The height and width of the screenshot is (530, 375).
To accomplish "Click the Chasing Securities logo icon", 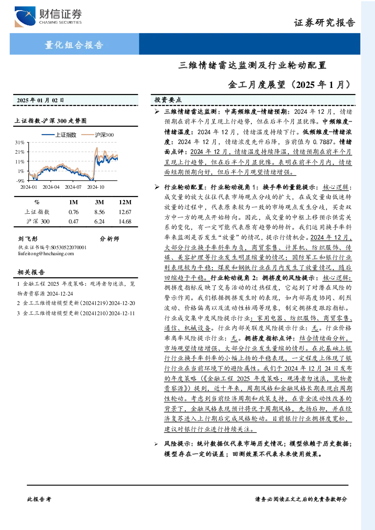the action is [x=25, y=17].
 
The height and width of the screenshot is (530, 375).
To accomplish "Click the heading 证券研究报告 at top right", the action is [x=324, y=23].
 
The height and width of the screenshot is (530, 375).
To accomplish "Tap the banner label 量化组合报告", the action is [x=74, y=45].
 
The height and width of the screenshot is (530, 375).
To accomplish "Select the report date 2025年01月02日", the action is [x=40, y=100].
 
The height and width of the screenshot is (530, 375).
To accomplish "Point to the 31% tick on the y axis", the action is [x=20, y=142].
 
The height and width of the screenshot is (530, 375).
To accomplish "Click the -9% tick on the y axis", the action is [x=20, y=181].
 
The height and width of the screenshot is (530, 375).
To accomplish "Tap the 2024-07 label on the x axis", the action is [x=73, y=187].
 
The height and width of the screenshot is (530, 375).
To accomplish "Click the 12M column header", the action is [x=125, y=202].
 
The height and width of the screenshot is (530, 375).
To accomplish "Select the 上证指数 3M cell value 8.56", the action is [x=99, y=212].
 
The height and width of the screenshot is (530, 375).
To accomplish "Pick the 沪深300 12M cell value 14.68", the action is [x=125, y=222].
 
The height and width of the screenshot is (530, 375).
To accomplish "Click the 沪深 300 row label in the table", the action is [x=38, y=222].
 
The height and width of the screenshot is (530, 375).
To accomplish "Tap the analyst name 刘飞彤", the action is [x=28, y=239].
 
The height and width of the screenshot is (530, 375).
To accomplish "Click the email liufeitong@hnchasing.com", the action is [x=46, y=254].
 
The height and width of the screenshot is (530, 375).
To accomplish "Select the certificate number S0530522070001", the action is [x=69, y=248].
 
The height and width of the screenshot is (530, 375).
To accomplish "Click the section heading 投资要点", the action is [x=168, y=100].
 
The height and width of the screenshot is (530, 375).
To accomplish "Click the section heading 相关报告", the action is [x=31, y=272].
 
